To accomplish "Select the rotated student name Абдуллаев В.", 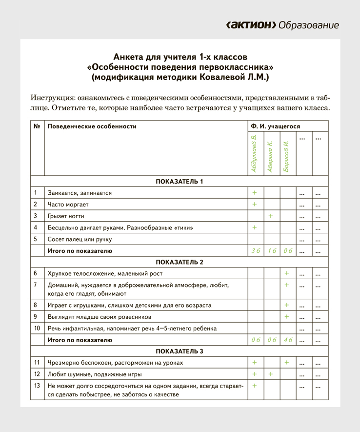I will [x=254, y=154].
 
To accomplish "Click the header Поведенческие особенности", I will [x=92, y=126].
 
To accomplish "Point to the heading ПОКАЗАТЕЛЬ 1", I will [x=179, y=182].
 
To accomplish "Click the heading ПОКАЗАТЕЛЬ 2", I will [x=179, y=262].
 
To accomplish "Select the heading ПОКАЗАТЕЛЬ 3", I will [x=179, y=351].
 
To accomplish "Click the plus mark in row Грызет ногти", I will [x=271, y=216].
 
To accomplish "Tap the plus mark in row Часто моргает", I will [x=254, y=204].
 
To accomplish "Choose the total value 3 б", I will [x=254, y=251].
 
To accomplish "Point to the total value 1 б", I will [x=271, y=251].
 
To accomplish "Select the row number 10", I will [x=37, y=329].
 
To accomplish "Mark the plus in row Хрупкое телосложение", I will [x=287, y=273].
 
